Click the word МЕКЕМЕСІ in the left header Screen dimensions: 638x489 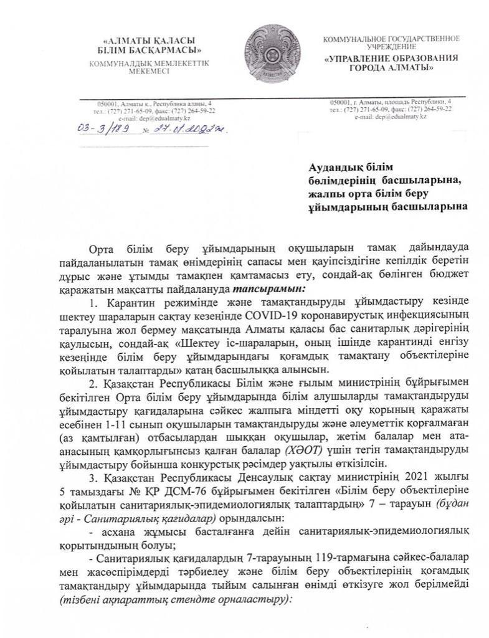(148, 72)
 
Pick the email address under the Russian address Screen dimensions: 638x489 (391, 116)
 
